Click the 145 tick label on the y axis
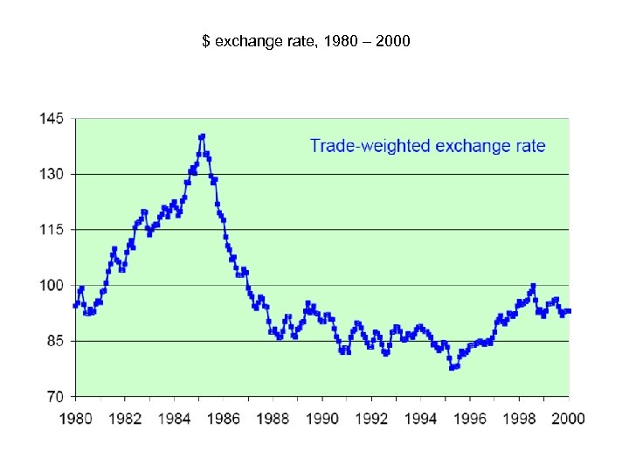[x=52, y=119]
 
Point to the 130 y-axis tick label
[x=52, y=174]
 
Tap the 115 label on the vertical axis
[x=52, y=230]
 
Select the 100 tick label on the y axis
[x=52, y=285]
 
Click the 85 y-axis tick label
[x=55, y=341]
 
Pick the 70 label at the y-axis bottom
[x=55, y=396]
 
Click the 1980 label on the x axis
[x=76, y=418]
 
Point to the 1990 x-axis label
[x=322, y=418]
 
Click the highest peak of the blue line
[x=202, y=136]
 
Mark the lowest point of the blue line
[x=452, y=368]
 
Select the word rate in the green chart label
[x=529, y=146]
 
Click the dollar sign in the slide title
[x=205, y=41]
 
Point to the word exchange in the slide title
[x=242, y=41]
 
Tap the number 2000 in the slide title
[x=392, y=41]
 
